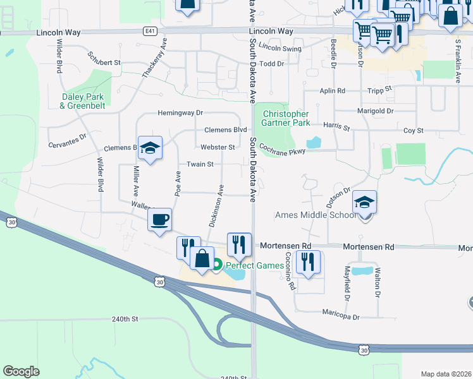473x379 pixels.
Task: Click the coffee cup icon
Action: (159, 220)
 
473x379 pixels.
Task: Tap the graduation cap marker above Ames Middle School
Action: (364, 202)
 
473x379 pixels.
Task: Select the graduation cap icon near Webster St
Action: (150, 148)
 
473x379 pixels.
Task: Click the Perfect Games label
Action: (255, 265)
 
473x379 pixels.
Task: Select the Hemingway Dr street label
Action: (180, 113)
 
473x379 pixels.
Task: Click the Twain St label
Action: (200, 164)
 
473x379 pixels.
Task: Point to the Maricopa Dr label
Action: (340, 316)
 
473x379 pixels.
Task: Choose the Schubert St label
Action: (104, 63)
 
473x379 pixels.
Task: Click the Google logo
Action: (21, 371)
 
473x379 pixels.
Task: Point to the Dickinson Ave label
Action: (216, 206)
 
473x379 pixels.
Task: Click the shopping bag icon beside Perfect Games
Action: (202, 258)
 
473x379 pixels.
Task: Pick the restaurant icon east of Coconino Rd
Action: (308, 261)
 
